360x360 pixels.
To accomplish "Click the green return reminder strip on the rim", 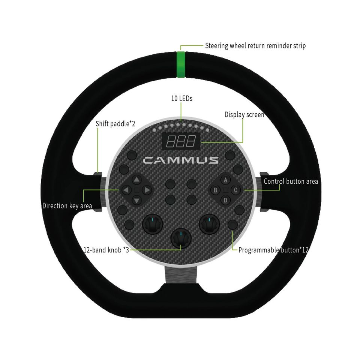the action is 181,64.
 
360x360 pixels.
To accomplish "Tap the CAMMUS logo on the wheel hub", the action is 181,160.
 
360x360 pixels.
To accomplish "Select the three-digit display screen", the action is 181,141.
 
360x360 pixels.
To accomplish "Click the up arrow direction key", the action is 136,180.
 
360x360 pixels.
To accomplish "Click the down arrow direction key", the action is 136,200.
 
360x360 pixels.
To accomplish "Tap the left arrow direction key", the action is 126,190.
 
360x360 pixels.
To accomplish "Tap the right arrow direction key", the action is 147,190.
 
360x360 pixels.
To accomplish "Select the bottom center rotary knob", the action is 181,238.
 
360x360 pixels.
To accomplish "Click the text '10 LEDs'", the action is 181,99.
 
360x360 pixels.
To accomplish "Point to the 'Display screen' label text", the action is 244,114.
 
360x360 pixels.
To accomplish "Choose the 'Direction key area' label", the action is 67,205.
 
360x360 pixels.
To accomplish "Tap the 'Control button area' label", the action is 291,181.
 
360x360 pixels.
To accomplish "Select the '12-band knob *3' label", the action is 106,250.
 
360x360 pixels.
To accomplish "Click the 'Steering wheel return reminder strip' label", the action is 255,46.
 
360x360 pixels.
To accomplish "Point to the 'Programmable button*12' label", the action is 273,250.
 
